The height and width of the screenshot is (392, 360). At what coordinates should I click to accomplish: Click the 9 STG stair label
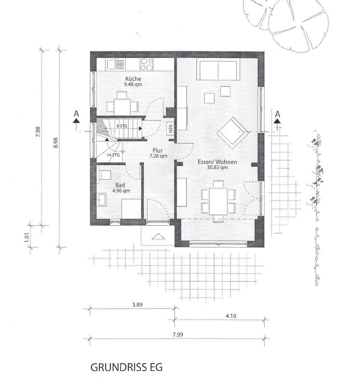click(x=122, y=126)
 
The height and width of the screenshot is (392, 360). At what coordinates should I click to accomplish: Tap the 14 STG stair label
click(x=113, y=155)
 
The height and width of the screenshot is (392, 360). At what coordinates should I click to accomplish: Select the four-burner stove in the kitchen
click(x=147, y=64)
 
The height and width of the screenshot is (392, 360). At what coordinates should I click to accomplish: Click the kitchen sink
click(x=115, y=64)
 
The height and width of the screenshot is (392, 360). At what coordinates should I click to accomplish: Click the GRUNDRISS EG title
click(x=127, y=367)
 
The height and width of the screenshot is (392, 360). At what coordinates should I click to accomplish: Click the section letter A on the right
click(x=277, y=114)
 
